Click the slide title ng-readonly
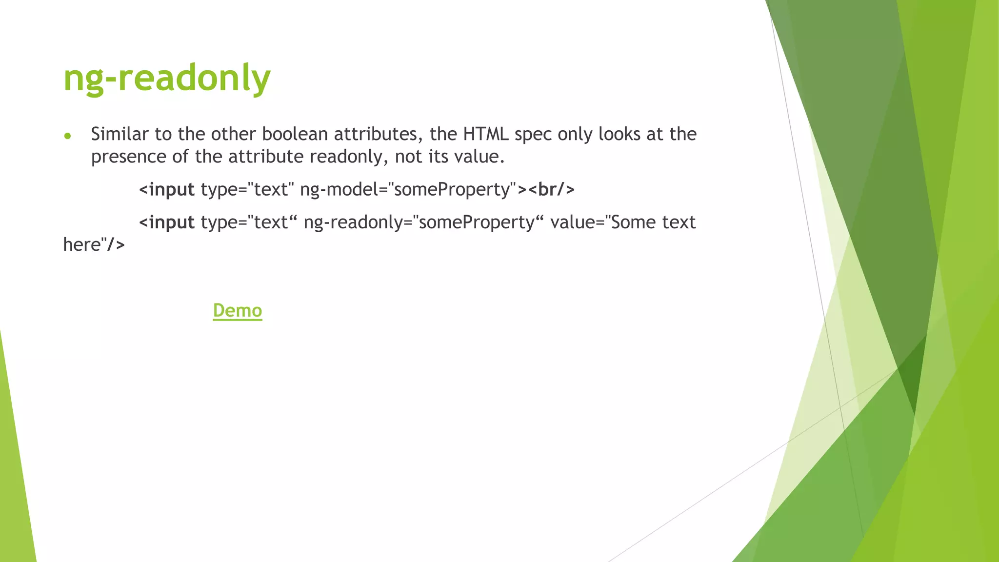[167, 78]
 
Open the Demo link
[238, 310]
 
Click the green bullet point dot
[68, 136]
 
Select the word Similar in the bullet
[120, 134]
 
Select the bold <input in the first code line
[167, 189]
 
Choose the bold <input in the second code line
[167, 222]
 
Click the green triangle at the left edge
[15, 463]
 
